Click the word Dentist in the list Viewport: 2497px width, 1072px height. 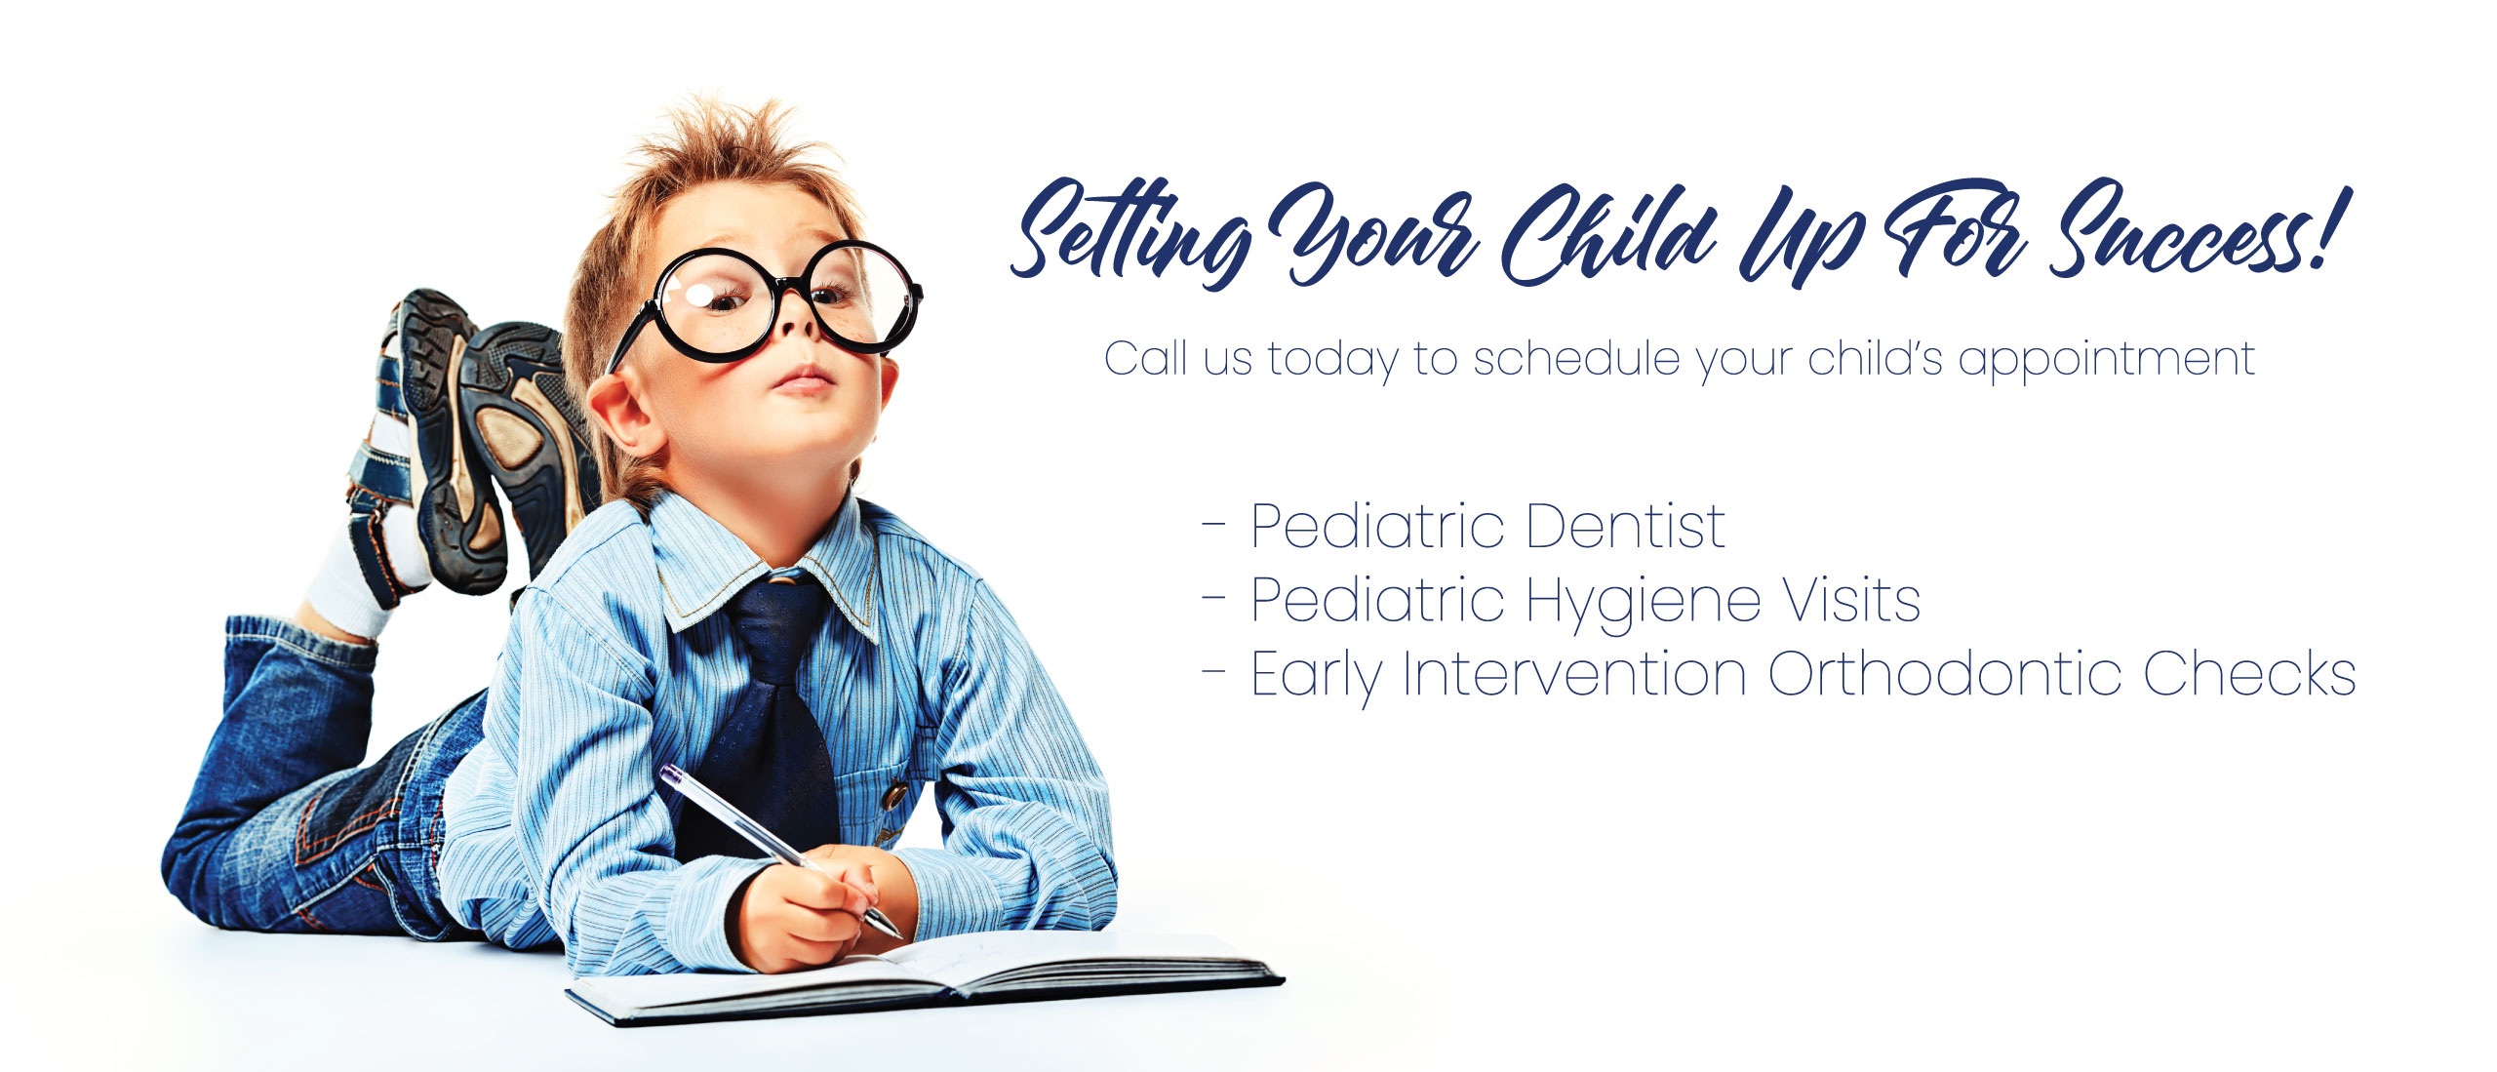pyautogui.click(x=1626, y=527)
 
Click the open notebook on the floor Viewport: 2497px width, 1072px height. pyautogui.click(x=927, y=975)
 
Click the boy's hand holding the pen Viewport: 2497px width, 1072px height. pyautogui.click(x=805, y=907)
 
